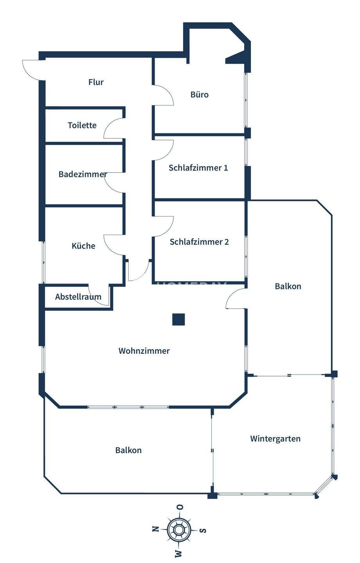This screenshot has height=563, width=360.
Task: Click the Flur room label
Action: point(96,82)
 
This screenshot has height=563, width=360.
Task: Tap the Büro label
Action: point(200,95)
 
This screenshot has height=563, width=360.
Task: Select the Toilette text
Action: point(82,125)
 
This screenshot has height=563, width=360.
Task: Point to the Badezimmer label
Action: point(83,174)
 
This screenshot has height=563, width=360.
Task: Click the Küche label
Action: point(83,246)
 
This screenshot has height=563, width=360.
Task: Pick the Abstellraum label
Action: point(78,297)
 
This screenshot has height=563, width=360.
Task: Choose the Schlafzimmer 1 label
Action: point(198,168)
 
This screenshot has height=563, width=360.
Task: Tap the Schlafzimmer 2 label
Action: point(199,242)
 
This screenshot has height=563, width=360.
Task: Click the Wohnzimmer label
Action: point(144,351)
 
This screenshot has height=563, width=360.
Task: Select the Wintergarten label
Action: point(275,439)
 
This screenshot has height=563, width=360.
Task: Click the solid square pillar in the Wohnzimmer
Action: point(178,319)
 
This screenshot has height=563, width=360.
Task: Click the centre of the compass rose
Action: point(179,530)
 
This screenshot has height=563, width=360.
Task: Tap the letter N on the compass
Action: point(155,529)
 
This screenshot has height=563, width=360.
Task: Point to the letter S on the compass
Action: point(203,531)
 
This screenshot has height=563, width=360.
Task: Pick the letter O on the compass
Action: point(180,507)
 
